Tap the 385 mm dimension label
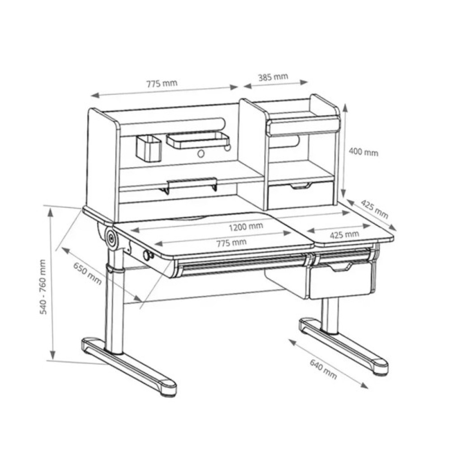[x=273, y=77]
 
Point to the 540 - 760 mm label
[x=43, y=287]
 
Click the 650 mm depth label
[x=87, y=273]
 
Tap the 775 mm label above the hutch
[x=162, y=84]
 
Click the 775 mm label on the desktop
[x=231, y=243]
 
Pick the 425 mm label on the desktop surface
[x=344, y=235]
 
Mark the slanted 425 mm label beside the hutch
[x=374, y=209]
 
